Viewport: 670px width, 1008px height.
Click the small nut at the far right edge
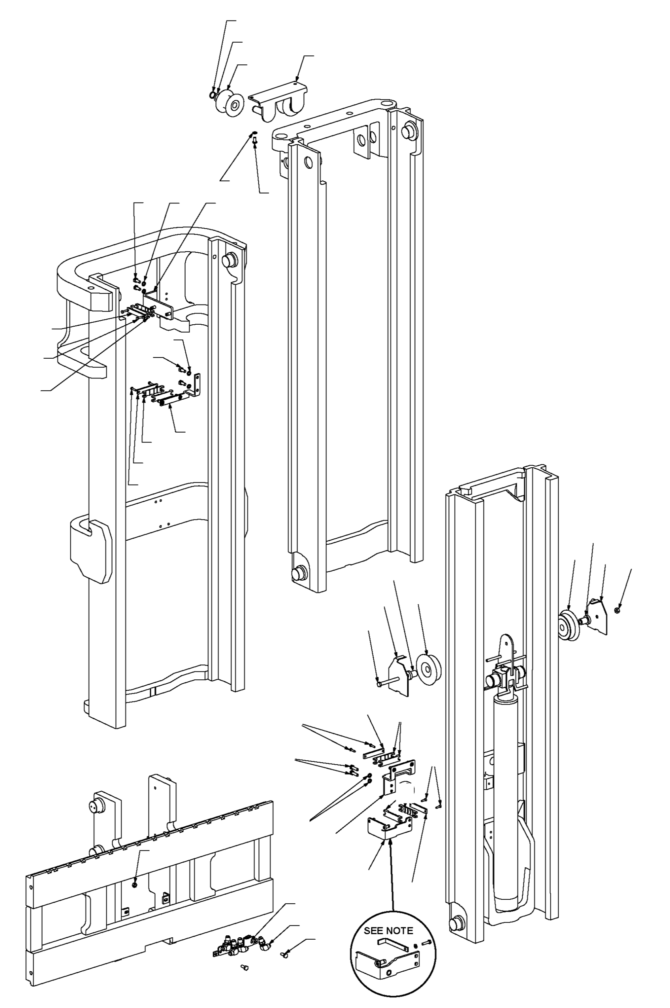click(617, 609)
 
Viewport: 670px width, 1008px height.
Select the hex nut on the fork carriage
click(136, 884)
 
